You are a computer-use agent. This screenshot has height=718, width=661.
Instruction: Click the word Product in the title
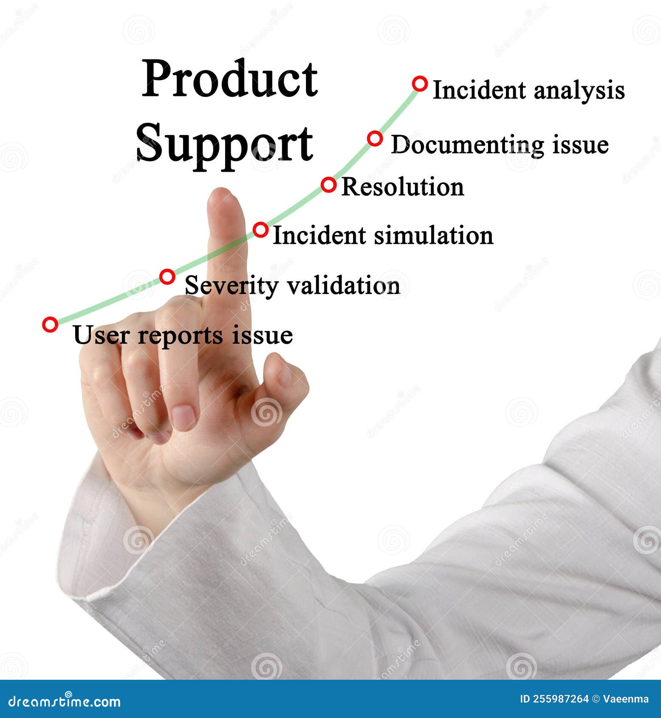pyautogui.click(x=229, y=79)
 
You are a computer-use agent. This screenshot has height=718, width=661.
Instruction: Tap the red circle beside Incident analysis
pyautogui.click(x=420, y=84)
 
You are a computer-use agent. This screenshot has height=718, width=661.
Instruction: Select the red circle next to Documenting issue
pyautogui.click(x=375, y=139)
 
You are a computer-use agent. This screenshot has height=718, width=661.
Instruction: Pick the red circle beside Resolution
pyautogui.click(x=328, y=185)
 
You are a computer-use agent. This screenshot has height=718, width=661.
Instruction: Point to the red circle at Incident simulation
pyautogui.click(x=261, y=230)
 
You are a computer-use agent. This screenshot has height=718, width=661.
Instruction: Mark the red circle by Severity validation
pyautogui.click(x=167, y=277)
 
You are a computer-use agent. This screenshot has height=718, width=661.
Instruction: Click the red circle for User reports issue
pyautogui.click(x=50, y=325)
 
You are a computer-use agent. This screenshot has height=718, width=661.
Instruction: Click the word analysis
pyautogui.click(x=579, y=91)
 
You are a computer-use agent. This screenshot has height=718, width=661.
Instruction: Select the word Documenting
pyautogui.click(x=467, y=145)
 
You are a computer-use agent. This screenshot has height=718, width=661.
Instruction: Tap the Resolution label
pyautogui.click(x=402, y=187)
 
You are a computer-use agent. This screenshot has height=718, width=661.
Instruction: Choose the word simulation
pyautogui.click(x=433, y=235)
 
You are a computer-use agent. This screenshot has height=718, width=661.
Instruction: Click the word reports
pyautogui.click(x=180, y=336)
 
